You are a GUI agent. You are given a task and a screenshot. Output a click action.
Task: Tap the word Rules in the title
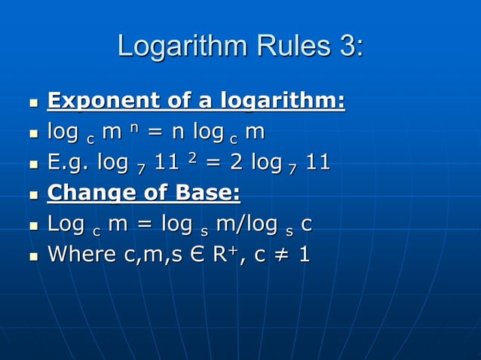[288, 47]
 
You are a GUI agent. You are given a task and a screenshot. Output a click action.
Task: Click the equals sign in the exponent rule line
[154, 132]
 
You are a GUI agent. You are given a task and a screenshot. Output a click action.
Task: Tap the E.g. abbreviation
[67, 163]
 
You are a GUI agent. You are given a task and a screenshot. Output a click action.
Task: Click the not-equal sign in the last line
[281, 254]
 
